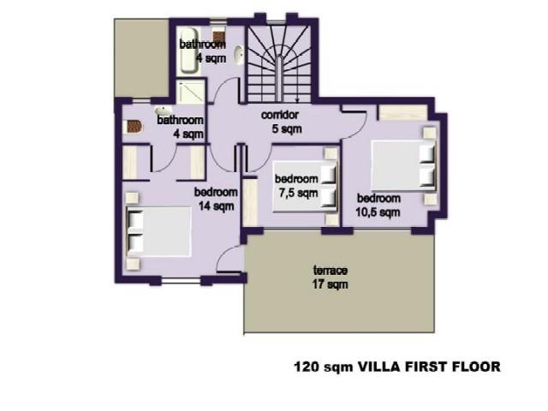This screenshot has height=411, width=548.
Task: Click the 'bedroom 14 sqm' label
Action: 213,199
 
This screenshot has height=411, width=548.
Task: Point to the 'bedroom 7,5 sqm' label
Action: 295,186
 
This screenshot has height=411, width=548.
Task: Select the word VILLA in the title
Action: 377,366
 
